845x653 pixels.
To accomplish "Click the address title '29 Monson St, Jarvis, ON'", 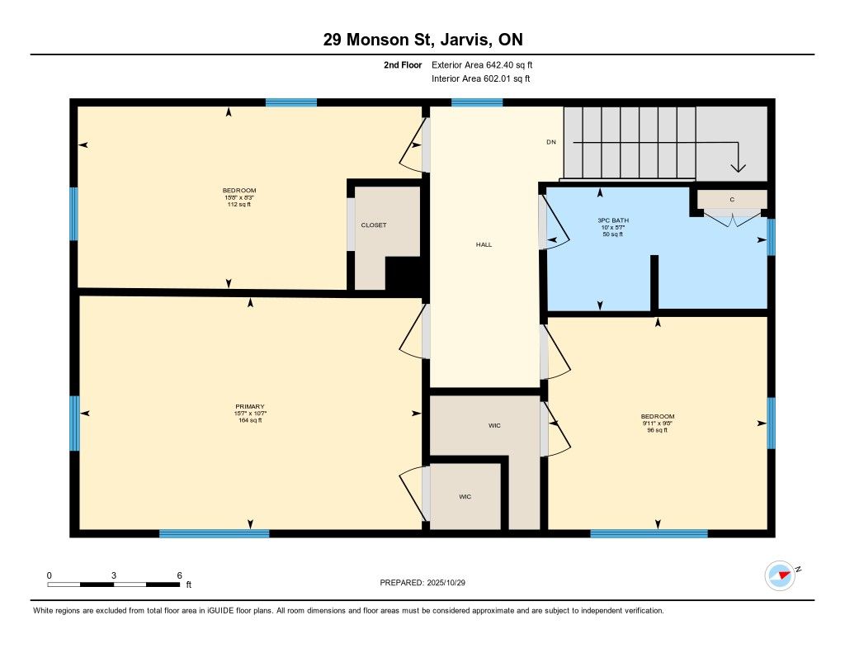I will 422,40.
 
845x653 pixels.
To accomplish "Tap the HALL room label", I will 484,244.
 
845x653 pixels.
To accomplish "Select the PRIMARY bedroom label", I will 250,406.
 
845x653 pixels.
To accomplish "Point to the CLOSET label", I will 373,225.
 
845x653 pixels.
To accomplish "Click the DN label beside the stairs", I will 551,142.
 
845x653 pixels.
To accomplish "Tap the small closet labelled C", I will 732,199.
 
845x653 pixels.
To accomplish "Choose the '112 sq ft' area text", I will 238,205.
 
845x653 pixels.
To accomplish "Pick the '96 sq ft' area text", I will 658,430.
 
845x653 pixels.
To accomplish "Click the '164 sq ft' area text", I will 250,420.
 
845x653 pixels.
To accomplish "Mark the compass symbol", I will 780,575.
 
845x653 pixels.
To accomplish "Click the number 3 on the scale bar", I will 114,575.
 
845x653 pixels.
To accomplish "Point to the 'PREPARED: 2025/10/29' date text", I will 427,582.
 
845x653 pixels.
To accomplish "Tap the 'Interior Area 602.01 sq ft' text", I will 480,79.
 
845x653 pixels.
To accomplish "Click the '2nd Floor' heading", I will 403,64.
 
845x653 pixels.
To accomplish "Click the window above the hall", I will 477,102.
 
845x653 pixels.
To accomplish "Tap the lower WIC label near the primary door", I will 465,497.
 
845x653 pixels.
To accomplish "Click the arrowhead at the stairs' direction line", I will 739,166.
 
